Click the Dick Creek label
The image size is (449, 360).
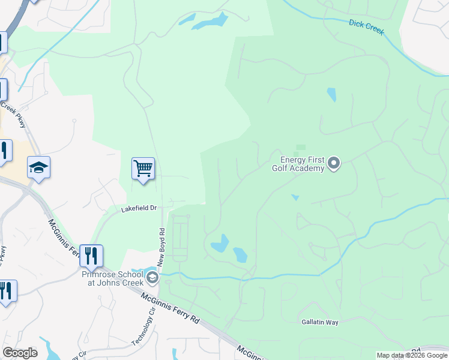tap(366, 28)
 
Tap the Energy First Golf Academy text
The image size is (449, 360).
tap(303, 164)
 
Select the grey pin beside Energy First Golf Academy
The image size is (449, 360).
tap(334, 163)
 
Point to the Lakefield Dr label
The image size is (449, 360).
tap(139, 208)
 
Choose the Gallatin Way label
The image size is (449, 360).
tap(320, 322)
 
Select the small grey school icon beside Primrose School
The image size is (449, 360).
tap(153, 277)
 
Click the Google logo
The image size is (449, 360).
tap(20, 353)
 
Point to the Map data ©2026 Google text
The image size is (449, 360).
tap(412, 355)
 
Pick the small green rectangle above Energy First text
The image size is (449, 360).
tap(301, 147)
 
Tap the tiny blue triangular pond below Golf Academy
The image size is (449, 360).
tap(295, 197)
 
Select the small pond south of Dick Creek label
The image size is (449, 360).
tap(331, 94)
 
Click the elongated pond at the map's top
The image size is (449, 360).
tap(210, 22)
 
